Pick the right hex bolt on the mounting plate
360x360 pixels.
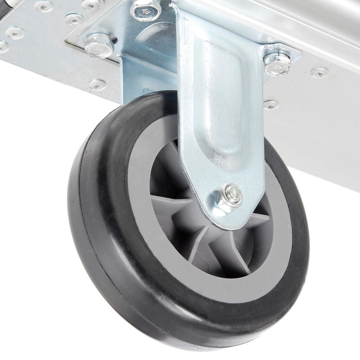click(275, 63)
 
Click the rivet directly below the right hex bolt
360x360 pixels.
click(271, 105)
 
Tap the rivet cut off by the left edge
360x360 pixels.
click(2, 46)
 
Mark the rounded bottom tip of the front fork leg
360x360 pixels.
click(216, 211)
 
